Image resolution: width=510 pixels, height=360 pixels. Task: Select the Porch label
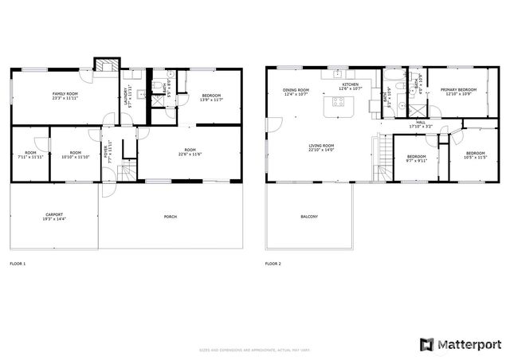coord(171,217)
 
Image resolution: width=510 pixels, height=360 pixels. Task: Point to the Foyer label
coord(110,149)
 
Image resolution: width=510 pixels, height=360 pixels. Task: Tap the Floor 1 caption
coord(18,263)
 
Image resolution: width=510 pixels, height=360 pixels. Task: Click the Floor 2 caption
coord(273,263)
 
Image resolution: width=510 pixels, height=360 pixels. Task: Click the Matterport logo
coord(459,343)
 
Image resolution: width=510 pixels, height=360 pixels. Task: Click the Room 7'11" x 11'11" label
coord(30,155)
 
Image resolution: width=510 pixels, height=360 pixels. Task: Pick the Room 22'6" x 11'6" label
coord(190,151)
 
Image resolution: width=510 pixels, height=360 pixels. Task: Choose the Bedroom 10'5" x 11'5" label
coord(475,155)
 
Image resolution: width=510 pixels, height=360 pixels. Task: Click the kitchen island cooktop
coord(338,102)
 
